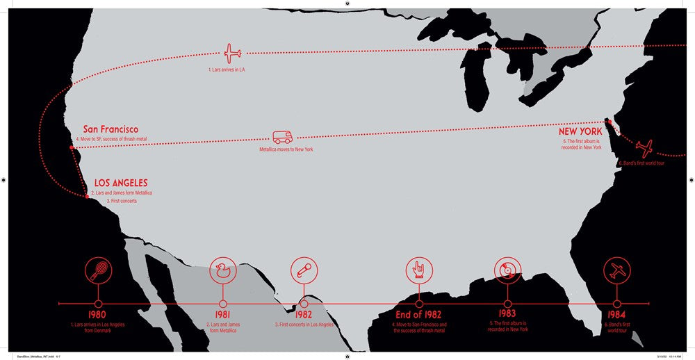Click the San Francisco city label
coord(111,129)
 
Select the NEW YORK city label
coord(580,131)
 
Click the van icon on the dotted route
coord(282,138)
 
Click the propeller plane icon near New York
coord(644,148)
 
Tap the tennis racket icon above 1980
coord(97,270)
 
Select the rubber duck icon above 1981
coord(223,270)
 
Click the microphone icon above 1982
coord(304,270)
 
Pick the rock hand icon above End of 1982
coord(419,270)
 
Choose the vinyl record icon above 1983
coord(507,270)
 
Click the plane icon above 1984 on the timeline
coord(616,270)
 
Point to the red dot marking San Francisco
coord(72,147)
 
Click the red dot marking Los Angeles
coord(87,197)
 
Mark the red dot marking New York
coord(609,121)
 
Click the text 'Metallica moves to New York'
coord(286,149)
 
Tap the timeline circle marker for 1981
coord(223,304)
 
